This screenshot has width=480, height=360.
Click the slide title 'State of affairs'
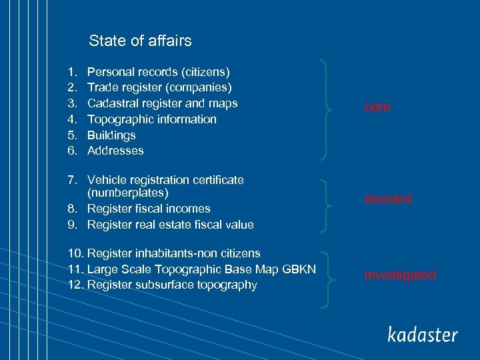[140, 41]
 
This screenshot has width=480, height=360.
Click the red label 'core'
[377, 107]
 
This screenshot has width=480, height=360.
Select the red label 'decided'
[387, 199]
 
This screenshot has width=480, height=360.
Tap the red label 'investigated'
[399, 275]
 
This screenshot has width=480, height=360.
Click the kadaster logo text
[423, 334]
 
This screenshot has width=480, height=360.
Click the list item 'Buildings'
[111, 135]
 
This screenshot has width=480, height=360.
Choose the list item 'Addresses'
[115, 151]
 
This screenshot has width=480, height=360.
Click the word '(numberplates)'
[128, 193]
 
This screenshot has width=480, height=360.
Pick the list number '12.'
[75, 285]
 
